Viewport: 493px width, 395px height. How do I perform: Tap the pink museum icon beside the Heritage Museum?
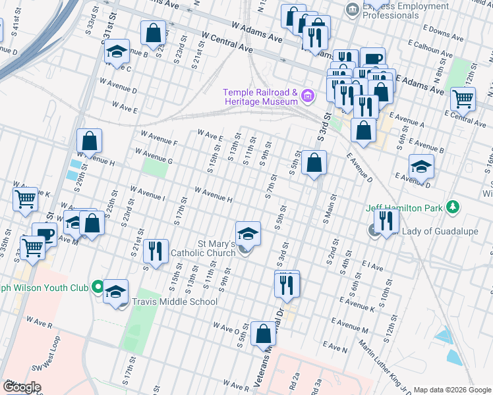click(306, 97)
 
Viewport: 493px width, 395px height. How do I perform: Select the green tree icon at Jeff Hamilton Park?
click(452, 207)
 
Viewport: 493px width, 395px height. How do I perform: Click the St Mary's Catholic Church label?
click(203, 248)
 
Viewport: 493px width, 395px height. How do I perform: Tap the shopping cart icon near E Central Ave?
click(463, 99)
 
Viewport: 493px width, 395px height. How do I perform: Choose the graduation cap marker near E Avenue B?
click(421, 167)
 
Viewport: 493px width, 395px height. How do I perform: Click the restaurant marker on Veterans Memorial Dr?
click(287, 283)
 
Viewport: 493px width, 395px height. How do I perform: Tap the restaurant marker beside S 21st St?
click(156, 251)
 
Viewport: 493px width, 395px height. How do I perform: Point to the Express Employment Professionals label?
click(405, 11)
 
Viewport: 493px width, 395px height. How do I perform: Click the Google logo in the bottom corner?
click(21, 387)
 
